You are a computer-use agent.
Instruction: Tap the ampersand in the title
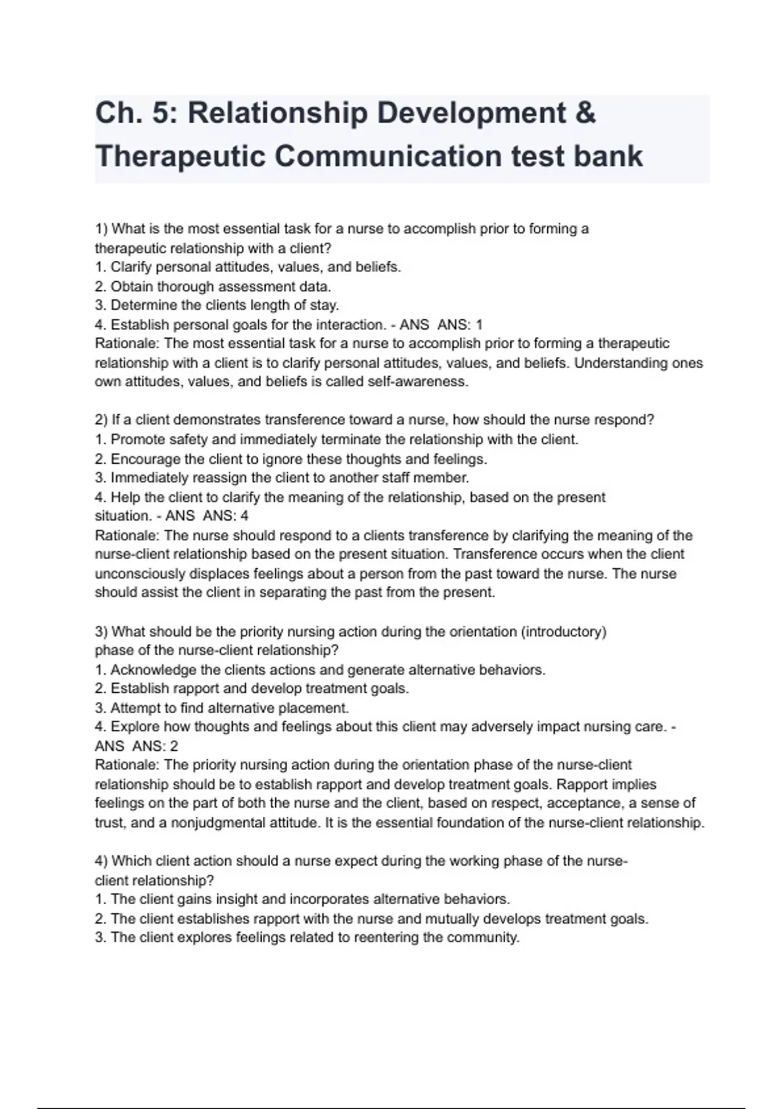pos(586,114)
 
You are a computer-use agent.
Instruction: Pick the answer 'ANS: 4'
pos(226,516)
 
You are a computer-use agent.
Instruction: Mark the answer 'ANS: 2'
pos(155,746)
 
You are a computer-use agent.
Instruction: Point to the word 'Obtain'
pos(132,286)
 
